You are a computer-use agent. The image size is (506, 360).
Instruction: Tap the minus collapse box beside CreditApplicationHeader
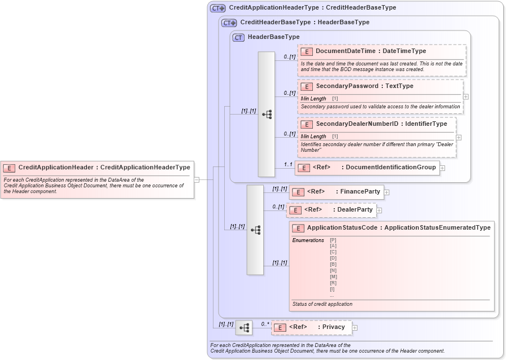click(x=197, y=180)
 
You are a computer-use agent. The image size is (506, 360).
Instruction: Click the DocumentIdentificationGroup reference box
click(x=367, y=168)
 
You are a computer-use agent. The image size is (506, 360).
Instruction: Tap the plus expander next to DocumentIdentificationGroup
click(x=442, y=168)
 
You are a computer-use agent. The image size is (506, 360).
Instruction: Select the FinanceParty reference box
click(x=336, y=192)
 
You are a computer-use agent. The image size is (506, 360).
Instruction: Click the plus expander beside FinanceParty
click(x=387, y=192)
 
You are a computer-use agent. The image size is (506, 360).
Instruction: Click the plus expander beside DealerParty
click(x=379, y=210)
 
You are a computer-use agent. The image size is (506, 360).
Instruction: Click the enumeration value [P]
click(x=333, y=240)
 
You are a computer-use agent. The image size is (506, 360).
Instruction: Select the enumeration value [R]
click(x=333, y=283)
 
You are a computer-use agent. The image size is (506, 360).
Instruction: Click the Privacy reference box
click(x=311, y=327)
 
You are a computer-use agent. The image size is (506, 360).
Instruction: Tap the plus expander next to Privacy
click(x=355, y=327)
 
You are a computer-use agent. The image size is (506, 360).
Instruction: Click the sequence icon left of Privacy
click(x=243, y=328)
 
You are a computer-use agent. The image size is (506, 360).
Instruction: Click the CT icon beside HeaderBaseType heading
click(x=238, y=37)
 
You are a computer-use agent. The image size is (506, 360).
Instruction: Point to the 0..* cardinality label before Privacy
click(x=265, y=324)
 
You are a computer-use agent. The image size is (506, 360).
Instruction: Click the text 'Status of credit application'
click(x=322, y=304)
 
